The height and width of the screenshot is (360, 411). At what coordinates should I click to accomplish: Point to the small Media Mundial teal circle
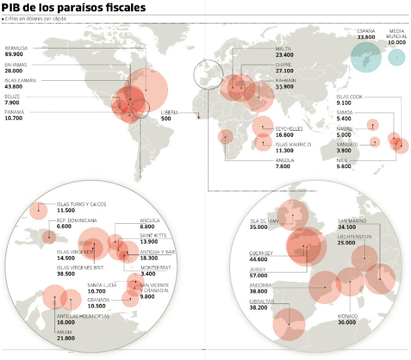point(396,57)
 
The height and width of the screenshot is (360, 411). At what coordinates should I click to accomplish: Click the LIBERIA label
point(170,112)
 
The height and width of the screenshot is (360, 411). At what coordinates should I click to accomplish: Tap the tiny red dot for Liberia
point(199,116)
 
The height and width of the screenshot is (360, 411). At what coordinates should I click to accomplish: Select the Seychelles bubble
point(263,126)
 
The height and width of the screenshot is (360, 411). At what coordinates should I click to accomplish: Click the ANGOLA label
point(285,160)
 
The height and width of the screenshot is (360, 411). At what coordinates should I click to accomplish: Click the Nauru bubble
point(372,124)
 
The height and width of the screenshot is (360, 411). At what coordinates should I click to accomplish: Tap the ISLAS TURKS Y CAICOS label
point(81,204)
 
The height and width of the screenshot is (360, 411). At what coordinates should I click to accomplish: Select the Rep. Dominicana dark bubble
point(49,237)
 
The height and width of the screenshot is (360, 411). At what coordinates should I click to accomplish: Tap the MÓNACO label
point(347,316)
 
